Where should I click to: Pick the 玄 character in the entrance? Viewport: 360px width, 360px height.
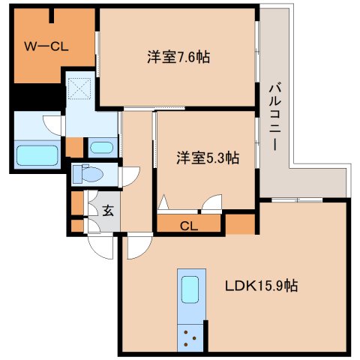click(107, 211)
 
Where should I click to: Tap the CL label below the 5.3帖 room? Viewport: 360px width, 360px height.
click(188, 224)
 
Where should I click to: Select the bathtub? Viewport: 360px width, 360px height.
click(38, 156)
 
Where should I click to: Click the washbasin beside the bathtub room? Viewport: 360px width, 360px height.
click(101, 146)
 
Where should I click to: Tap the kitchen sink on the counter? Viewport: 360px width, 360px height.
click(190, 289)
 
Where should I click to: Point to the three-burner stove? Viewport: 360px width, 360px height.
click(190, 337)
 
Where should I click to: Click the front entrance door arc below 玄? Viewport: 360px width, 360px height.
click(98, 242)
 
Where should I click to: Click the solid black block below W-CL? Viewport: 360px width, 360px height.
click(37, 98)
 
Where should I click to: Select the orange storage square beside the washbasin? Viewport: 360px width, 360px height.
click(74, 146)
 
